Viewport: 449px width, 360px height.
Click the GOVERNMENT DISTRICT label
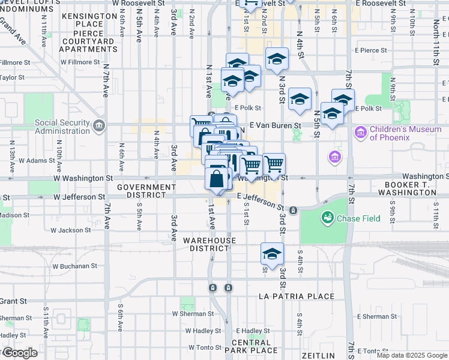pyautogui.click(x=146, y=191)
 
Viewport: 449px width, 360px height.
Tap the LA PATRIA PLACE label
pyautogui.click(x=296, y=296)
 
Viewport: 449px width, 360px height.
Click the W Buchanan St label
pyautogui.click(x=74, y=266)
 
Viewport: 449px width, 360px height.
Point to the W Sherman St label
pyautogui.click(x=193, y=313)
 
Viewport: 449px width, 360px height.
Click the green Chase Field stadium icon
pyautogui.click(x=328, y=217)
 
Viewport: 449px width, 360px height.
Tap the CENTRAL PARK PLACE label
pyautogui.click(x=255, y=346)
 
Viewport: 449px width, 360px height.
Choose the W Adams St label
pyautogui.click(x=37, y=161)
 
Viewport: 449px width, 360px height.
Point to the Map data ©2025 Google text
pyautogui.click(x=411, y=355)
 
